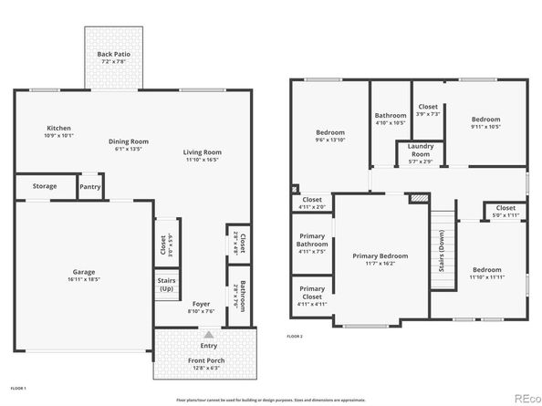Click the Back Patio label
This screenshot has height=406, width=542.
click(115, 55)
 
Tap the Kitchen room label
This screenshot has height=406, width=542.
click(58, 129)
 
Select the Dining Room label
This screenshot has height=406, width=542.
click(128, 141)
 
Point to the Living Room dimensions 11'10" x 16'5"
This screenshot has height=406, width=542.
click(203, 161)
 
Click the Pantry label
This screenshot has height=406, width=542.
click(89, 186)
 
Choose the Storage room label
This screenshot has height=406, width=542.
click(45, 186)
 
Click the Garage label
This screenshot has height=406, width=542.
click(84, 271)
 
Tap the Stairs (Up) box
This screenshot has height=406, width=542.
click(167, 285)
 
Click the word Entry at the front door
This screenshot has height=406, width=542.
click(209, 346)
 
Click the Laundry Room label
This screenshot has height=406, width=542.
click(420, 150)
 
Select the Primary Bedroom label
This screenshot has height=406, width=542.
click(380, 255)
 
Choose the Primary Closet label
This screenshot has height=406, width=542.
click(312, 296)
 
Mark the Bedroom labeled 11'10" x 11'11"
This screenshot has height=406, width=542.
click(485, 270)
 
